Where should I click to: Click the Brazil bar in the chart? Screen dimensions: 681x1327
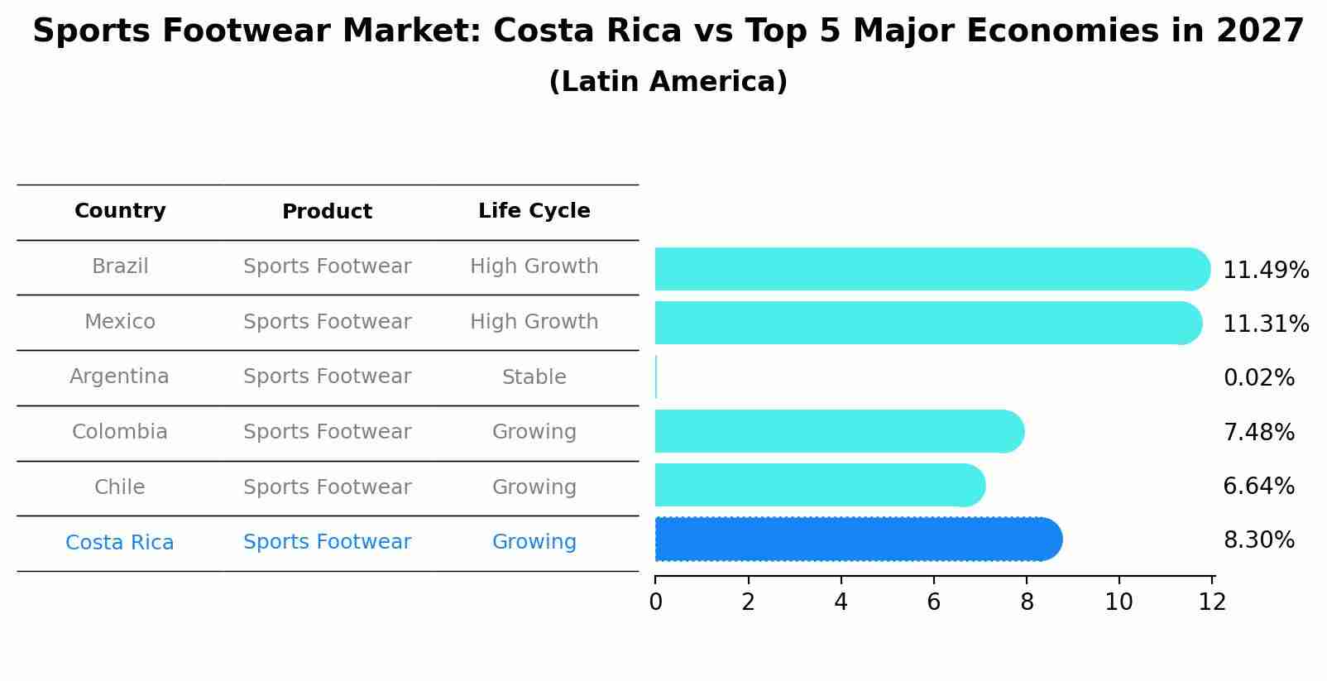[931, 269]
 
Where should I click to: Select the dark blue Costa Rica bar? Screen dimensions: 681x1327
[857, 540]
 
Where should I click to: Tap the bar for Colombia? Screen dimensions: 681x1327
[839, 431]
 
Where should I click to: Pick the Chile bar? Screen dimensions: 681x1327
[819, 485]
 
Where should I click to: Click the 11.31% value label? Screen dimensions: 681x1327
[1265, 324]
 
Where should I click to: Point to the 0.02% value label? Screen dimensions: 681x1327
[1258, 378]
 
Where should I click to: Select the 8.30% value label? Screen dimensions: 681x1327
[1258, 540]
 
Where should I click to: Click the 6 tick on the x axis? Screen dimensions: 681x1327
[933, 602]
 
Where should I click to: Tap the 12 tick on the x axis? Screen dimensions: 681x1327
[1212, 602]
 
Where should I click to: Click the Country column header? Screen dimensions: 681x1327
[120, 211]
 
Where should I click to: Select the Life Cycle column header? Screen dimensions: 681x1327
[534, 211]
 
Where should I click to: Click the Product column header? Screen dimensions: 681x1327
[327, 212]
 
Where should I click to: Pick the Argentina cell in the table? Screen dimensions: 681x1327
[119, 376]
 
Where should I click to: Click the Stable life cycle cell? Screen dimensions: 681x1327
[534, 377]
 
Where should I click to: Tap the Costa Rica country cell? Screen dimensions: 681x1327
[119, 543]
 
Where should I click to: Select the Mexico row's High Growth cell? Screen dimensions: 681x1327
[534, 322]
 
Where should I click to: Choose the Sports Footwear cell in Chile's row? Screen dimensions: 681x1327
[327, 487]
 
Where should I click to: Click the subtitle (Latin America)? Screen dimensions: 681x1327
[668, 82]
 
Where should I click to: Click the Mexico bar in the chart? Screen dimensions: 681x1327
[927, 323]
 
